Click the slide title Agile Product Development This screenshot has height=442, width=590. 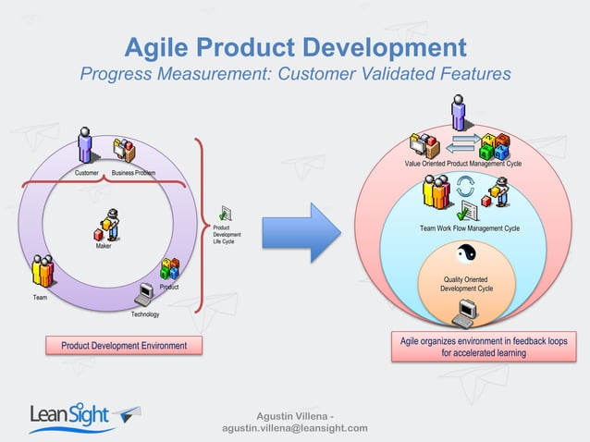295,46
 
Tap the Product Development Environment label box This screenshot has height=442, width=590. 124,346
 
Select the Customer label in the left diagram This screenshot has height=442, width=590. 87,173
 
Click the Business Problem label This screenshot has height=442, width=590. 133,173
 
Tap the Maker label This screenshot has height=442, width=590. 104,246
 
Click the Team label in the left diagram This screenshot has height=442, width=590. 40,298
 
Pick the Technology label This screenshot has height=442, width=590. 144,314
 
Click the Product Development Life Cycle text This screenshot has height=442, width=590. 227,234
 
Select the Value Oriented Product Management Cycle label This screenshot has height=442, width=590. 463,164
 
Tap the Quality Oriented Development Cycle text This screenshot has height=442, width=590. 467,284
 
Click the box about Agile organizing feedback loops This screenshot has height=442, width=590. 484,347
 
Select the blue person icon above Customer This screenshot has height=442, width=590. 86,146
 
